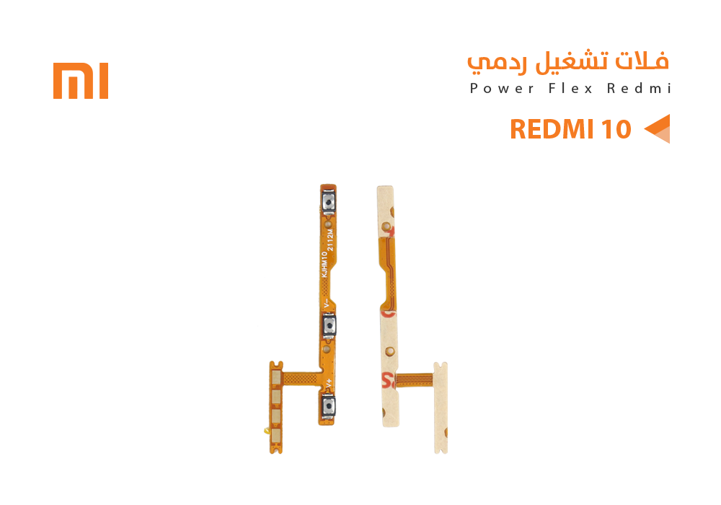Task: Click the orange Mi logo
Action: click(x=81, y=81)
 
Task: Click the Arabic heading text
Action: click(x=568, y=62)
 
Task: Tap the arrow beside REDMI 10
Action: click(x=657, y=128)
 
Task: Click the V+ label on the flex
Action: click(x=329, y=382)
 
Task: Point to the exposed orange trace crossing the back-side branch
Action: click(x=411, y=379)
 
